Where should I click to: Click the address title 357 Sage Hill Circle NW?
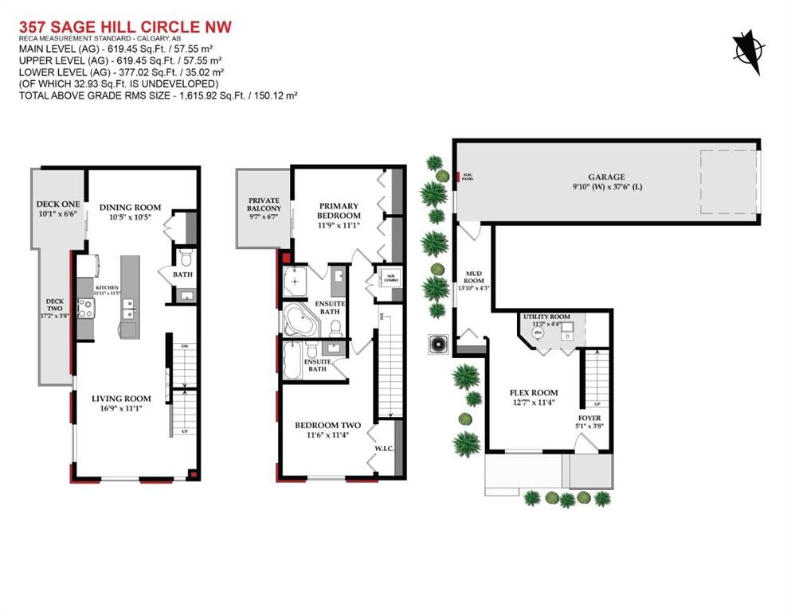point(125,27)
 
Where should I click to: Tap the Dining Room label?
point(130,208)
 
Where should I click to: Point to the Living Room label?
point(121,399)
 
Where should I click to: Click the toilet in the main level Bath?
point(185,257)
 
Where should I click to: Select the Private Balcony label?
point(264,204)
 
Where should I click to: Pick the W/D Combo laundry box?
point(390,279)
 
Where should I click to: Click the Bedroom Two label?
point(327,426)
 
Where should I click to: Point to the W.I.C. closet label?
point(384,449)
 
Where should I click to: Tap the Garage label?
point(607,177)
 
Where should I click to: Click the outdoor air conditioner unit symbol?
point(437,344)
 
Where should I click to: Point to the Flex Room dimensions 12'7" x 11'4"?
point(533,403)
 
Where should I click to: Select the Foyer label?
point(589,418)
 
